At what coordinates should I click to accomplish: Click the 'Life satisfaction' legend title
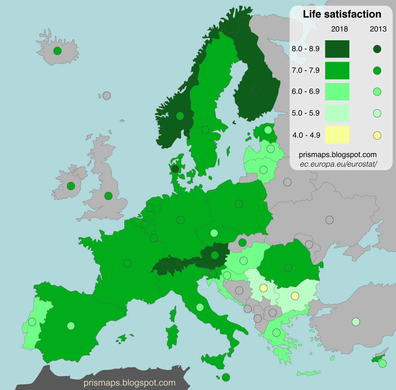[x=342, y=14]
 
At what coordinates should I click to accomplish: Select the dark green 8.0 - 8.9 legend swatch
[x=337, y=49]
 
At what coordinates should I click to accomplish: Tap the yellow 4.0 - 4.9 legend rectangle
[x=337, y=135]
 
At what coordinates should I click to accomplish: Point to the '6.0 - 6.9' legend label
[x=306, y=92]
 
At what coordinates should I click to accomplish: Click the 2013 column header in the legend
[x=378, y=29]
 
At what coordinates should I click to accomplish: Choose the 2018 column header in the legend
[x=339, y=29]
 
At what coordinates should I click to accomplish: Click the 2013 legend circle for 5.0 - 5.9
[x=377, y=113]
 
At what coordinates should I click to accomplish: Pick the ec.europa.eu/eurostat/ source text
[x=338, y=164]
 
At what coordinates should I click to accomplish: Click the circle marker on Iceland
[x=58, y=51]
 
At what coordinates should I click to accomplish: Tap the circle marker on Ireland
[x=71, y=186]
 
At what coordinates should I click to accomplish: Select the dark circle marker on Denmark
[x=175, y=169]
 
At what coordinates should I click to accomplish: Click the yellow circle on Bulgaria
[x=295, y=296]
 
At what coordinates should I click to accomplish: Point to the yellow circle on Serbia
[x=263, y=288]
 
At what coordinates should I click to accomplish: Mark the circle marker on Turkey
[x=356, y=322]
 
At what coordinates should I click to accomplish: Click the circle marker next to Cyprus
[x=382, y=363]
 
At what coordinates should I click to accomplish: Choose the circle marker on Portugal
[x=32, y=322]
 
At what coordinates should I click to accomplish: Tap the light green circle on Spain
[x=71, y=326]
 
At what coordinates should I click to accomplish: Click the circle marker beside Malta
[x=226, y=377]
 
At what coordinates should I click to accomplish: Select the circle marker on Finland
[x=255, y=90]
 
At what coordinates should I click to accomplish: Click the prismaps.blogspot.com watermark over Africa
[x=130, y=383]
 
